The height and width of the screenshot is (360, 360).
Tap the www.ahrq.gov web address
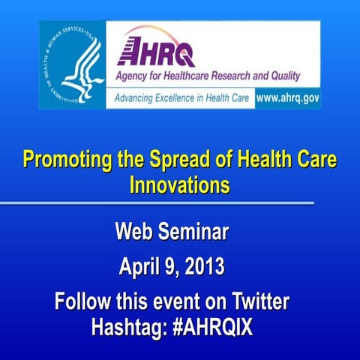point(287,98)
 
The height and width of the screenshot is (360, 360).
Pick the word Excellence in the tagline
point(187,98)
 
